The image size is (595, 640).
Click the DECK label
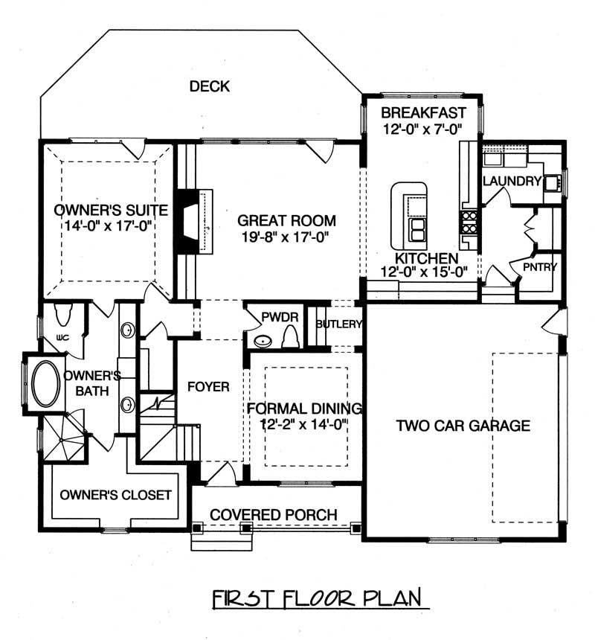209,86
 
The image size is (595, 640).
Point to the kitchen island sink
417,230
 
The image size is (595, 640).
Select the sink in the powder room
263,341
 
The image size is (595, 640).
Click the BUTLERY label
338,324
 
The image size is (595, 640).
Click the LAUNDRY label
511,181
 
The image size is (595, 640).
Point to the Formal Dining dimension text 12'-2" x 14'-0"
303,423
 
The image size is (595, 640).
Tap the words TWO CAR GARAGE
463,426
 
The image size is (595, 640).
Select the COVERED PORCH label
274,515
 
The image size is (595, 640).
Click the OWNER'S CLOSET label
115,495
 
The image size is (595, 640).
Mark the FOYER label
208,387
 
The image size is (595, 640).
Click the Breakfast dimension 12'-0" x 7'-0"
422,129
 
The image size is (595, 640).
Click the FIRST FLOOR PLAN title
316,598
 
